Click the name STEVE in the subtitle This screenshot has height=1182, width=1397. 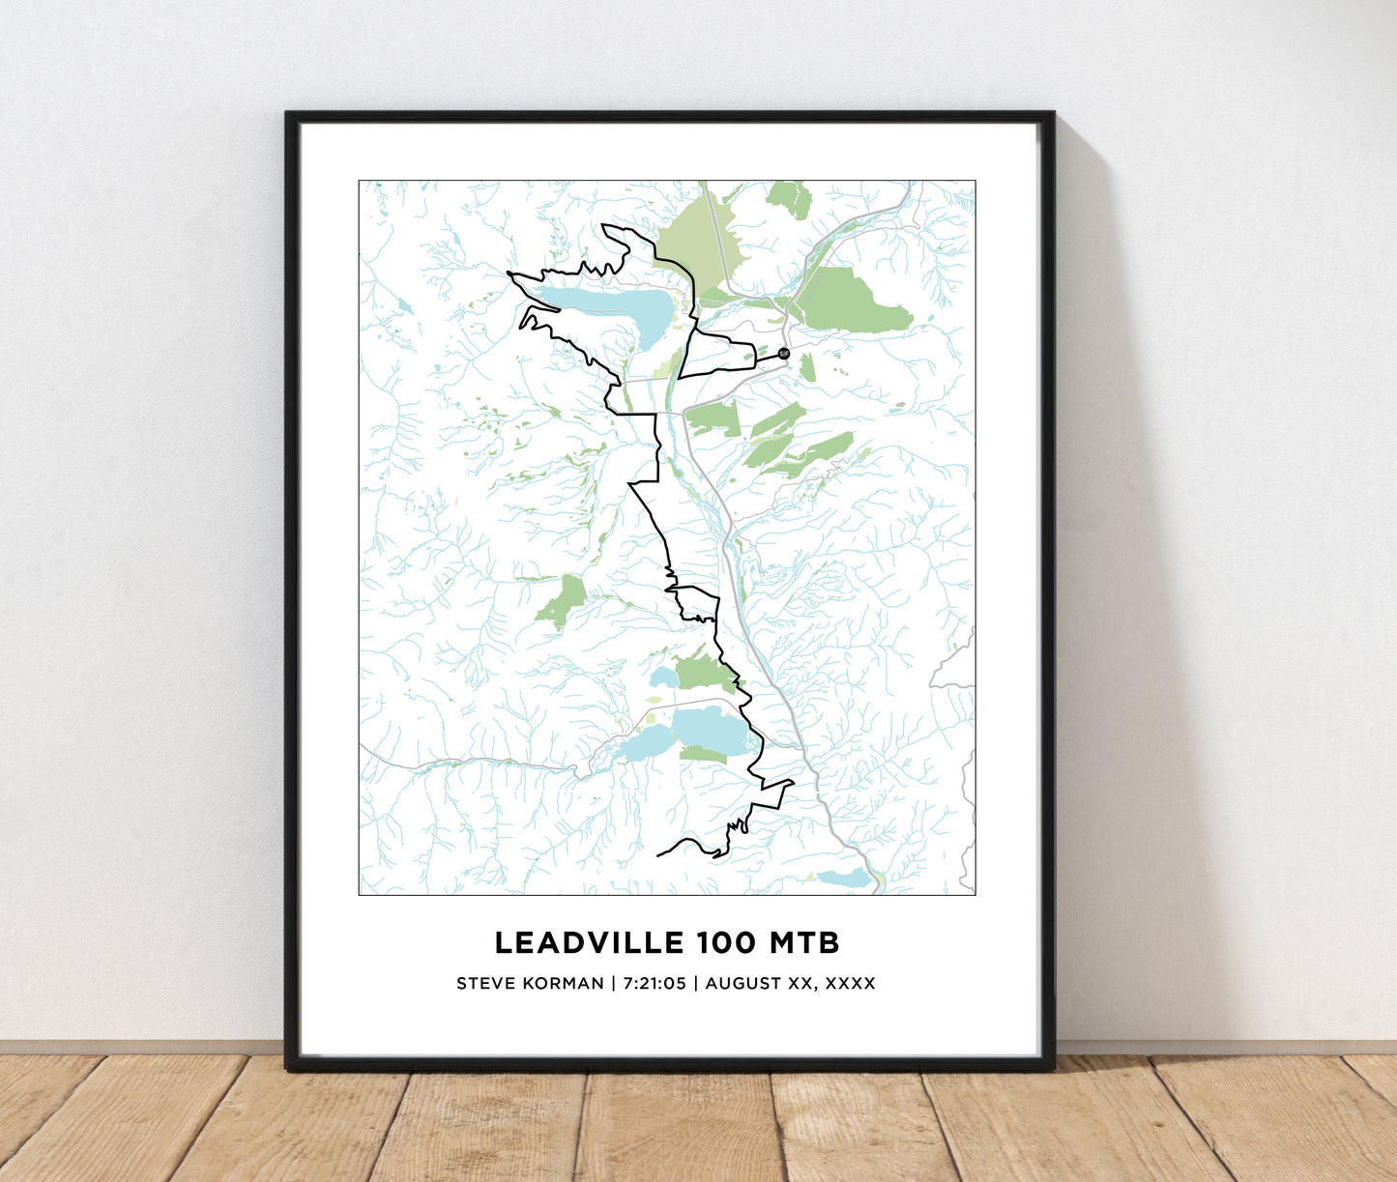pyautogui.click(x=480, y=984)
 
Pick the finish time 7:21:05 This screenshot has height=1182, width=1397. pyautogui.click(x=654, y=984)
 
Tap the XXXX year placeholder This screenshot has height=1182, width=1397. pyautogui.click(x=851, y=984)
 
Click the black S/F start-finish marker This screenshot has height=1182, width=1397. pyautogui.click(x=783, y=354)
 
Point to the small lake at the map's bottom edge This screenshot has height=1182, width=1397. pyautogui.click(x=845, y=879)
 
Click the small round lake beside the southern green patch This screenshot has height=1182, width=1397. pyautogui.click(x=663, y=677)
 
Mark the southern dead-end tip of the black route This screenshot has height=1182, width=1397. pyautogui.click(x=659, y=855)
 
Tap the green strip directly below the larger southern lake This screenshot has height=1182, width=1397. pyautogui.click(x=703, y=755)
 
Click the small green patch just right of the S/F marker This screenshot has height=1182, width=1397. pyautogui.click(x=807, y=367)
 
